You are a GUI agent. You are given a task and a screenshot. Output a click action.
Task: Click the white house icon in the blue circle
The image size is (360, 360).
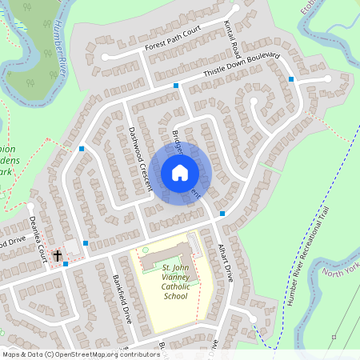[179, 173]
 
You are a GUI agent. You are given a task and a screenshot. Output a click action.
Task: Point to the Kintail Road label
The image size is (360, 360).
[232, 35]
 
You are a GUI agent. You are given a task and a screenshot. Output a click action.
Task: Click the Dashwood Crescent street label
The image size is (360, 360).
[139, 157]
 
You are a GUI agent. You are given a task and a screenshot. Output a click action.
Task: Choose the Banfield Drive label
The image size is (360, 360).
[121, 298]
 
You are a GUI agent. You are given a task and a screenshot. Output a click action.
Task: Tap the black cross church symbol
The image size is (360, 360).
[58, 256]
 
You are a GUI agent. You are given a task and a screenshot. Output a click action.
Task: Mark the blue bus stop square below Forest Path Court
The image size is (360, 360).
[176, 86]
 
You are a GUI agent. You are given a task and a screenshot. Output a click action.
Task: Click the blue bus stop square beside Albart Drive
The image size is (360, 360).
[222, 214]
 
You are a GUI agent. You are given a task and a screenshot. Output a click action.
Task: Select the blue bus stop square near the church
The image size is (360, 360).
[66, 264]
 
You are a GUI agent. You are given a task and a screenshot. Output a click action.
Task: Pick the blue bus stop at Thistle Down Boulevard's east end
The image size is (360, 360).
[291, 79]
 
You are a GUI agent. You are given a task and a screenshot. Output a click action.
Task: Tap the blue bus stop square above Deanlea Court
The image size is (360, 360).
[82, 149]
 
